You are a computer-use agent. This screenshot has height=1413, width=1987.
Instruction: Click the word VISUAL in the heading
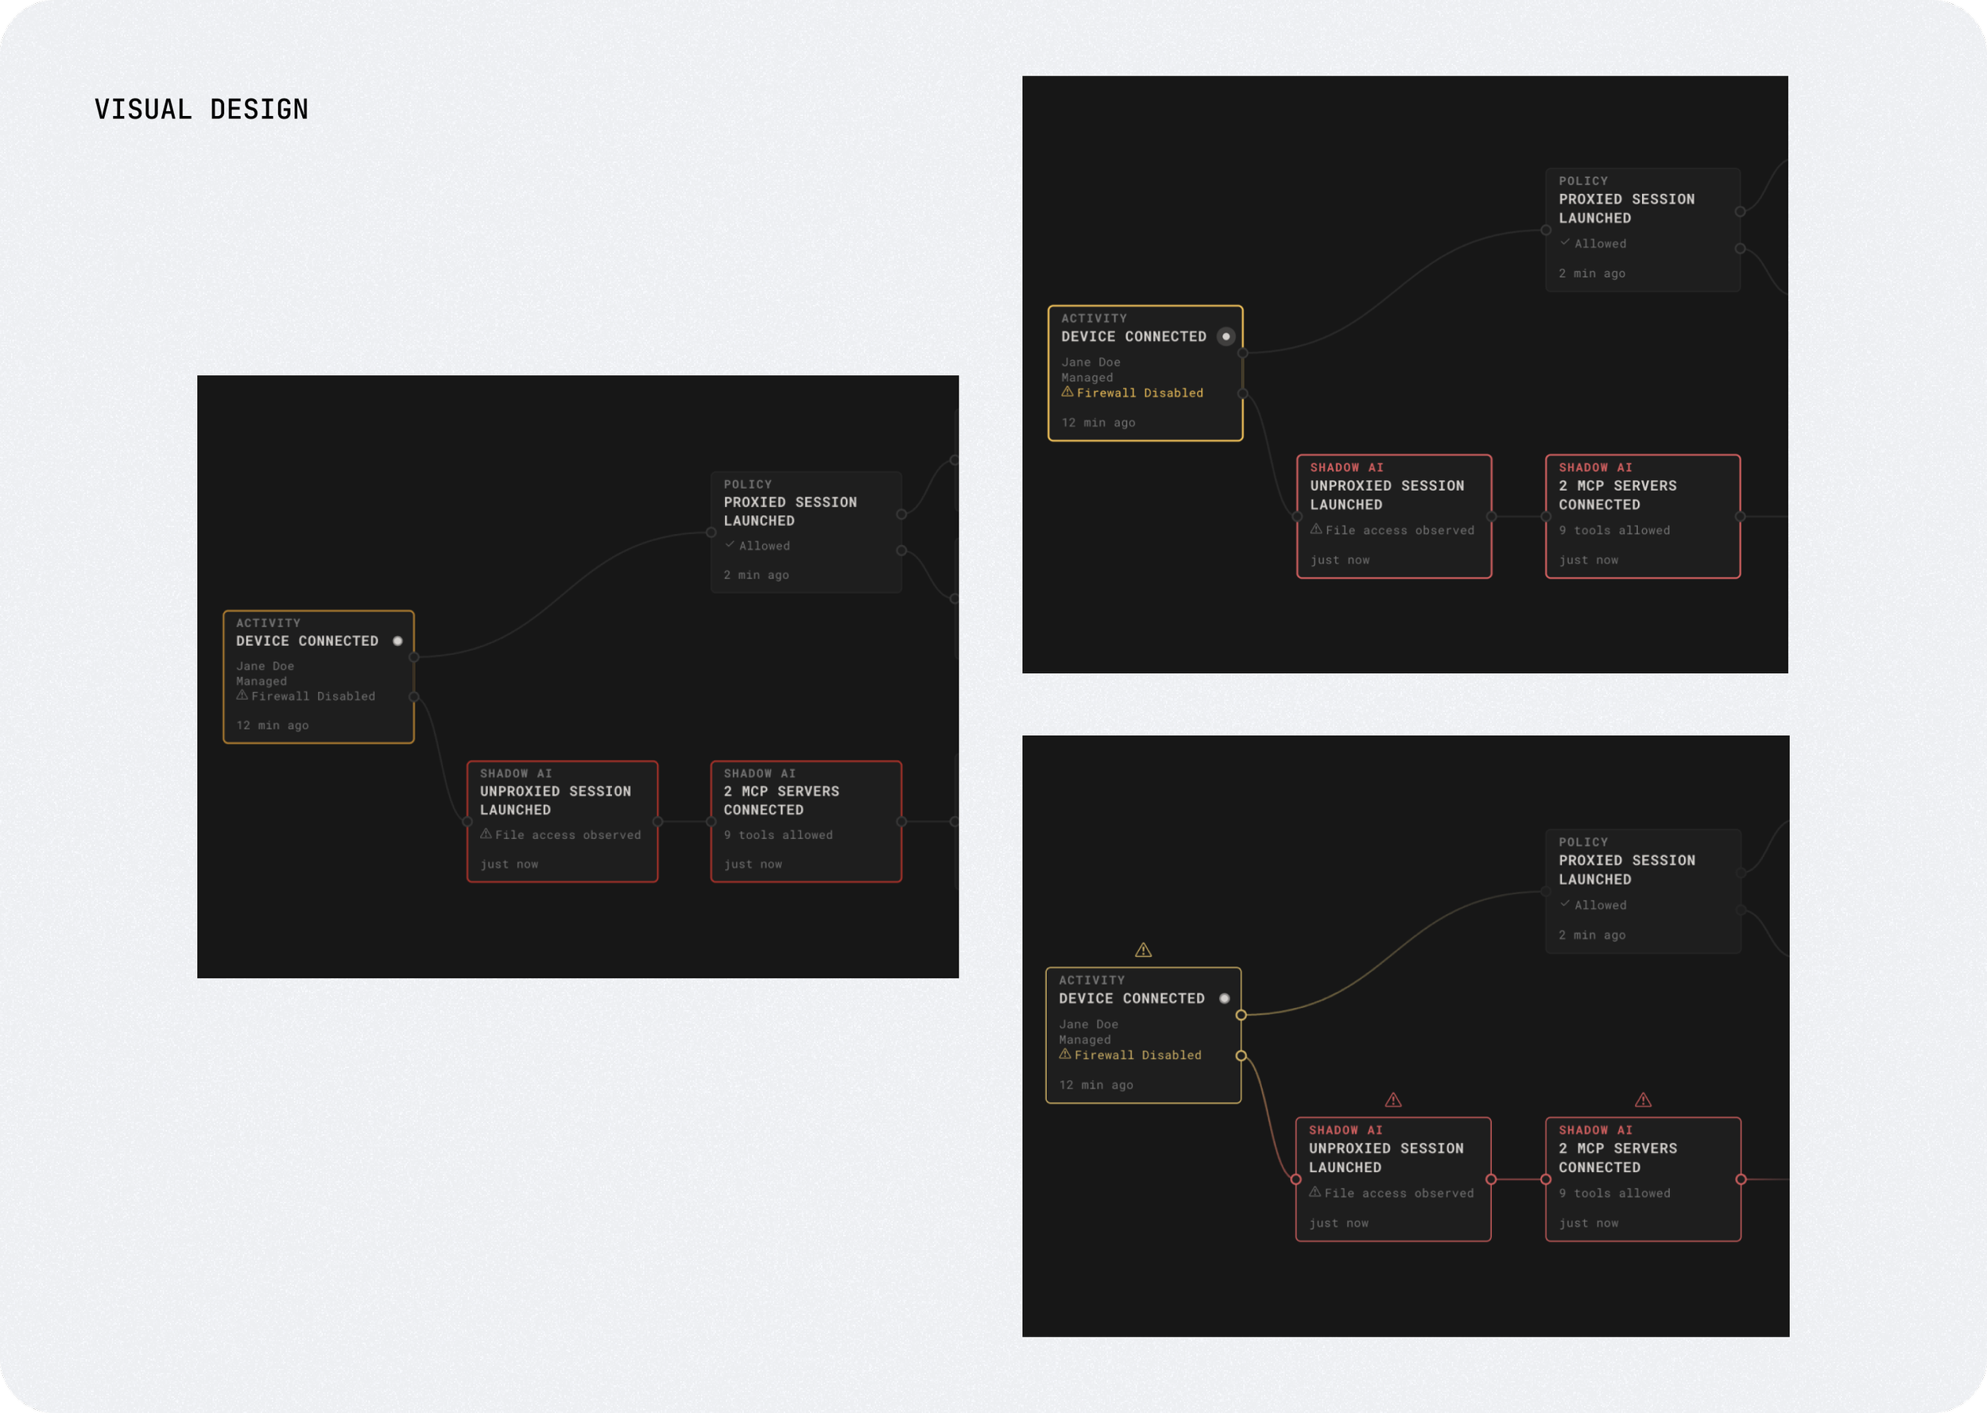(143, 110)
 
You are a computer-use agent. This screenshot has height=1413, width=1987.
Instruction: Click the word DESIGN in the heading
(259, 110)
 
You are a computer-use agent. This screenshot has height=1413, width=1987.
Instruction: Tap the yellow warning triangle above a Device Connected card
(1143, 950)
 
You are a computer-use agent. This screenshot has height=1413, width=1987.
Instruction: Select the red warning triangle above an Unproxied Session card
(1392, 1101)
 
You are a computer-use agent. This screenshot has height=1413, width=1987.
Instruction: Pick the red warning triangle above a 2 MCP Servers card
(1643, 1101)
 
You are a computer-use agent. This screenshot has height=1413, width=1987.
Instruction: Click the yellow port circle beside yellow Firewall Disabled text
(1241, 1055)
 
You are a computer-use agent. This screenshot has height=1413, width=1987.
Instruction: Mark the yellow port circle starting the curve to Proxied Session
(1241, 1015)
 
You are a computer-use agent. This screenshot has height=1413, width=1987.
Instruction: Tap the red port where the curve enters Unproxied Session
(1296, 1180)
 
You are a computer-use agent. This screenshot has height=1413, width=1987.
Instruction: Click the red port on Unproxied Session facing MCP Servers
(1491, 1180)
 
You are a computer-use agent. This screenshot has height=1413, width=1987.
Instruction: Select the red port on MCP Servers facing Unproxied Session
(1546, 1180)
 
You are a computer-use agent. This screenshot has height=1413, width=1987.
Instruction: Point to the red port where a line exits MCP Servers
(1741, 1180)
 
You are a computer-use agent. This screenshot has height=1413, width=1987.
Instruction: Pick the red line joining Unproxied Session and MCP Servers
(1518, 1180)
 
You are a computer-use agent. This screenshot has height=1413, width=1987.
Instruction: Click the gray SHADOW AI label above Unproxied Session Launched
(516, 773)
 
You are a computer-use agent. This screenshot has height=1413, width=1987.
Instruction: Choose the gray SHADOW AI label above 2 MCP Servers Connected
(760, 773)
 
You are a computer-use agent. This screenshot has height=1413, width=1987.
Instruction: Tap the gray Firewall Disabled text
(313, 696)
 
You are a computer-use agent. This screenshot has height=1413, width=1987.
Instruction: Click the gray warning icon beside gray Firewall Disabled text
(242, 695)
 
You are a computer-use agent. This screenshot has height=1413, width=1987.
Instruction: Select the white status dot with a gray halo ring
(1226, 337)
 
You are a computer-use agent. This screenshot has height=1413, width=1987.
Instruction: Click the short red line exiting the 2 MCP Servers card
(1766, 1180)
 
